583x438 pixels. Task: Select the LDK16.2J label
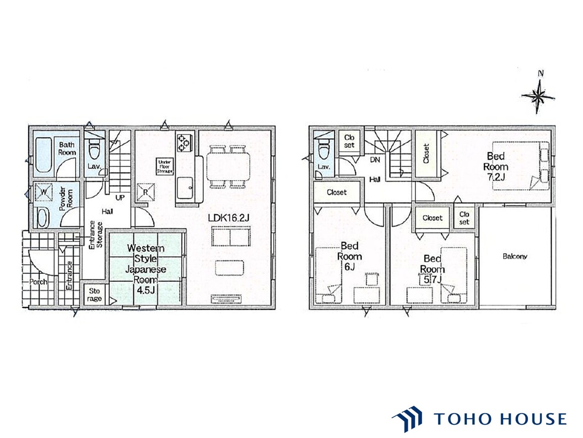[x=229, y=218]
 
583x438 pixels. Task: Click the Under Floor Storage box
[x=165, y=167]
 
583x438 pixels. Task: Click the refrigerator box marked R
[x=145, y=192]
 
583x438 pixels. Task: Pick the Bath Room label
[x=67, y=149]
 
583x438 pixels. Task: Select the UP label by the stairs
[x=120, y=198]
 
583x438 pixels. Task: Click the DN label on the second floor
[x=375, y=160]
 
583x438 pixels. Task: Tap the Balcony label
[x=515, y=256]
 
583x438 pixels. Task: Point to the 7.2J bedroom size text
[x=496, y=177]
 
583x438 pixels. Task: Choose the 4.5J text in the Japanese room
[x=146, y=290]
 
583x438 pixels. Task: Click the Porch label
[x=38, y=282]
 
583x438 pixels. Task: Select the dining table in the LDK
[x=228, y=167]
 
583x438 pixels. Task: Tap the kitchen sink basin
[x=185, y=188]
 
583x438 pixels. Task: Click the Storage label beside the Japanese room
[x=94, y=294]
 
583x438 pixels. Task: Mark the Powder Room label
[x=66, y=198]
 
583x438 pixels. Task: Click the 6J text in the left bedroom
[x=349, y=267]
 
